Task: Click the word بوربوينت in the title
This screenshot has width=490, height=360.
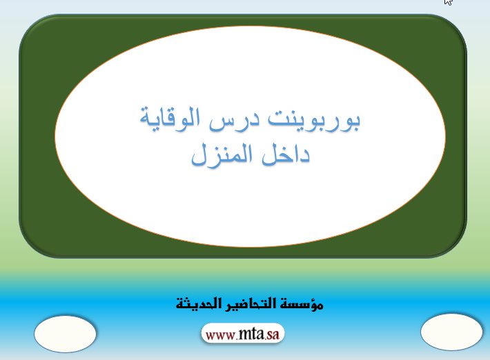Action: coord(315,121)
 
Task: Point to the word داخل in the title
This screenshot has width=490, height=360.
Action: coord(285,154)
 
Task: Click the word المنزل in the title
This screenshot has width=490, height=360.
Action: coord(222,155)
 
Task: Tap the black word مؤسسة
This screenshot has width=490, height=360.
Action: coord(302,303)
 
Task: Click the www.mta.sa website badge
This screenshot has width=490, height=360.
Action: coord(243,334)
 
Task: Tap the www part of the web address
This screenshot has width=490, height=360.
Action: coord(221,335)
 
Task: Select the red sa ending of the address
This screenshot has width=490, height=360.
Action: coord(273,334)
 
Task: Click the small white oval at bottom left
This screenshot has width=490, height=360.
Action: coord(65,334)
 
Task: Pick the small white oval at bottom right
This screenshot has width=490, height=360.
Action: coord(451,332)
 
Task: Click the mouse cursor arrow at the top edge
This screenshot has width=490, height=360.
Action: coord(448,1)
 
